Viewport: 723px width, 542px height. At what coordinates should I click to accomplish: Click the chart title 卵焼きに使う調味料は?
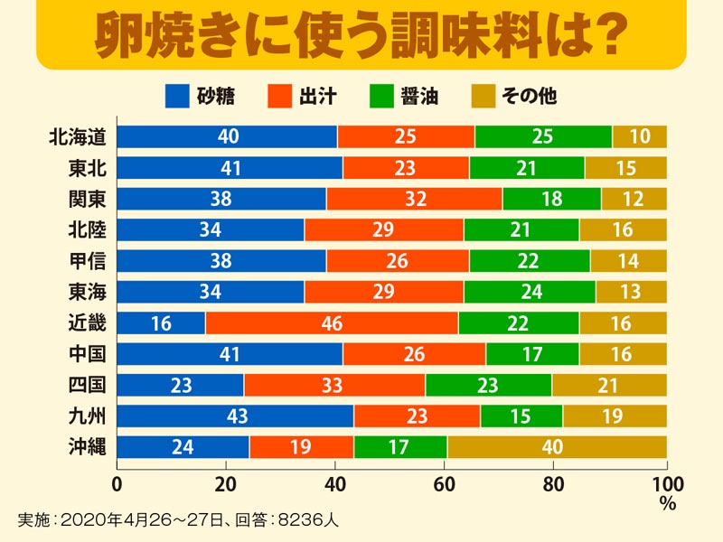[361, 34]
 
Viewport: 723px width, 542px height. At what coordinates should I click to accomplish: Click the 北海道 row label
[79, 136]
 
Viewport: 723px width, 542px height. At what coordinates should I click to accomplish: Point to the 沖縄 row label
[87, 446]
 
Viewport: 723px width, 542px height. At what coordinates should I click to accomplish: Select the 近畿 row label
[87, 322]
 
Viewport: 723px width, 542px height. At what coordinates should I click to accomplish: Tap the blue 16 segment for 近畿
[161, 322]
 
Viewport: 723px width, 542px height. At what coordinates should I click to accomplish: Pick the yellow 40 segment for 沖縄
[557, 446]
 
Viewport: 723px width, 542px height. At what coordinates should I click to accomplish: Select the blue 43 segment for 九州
[235, 416]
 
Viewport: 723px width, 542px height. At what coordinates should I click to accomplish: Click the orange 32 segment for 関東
[414, 199]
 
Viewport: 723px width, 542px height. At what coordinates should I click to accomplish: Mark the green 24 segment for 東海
[530, 292]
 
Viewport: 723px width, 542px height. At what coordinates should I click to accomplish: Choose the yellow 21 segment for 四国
[608, 385]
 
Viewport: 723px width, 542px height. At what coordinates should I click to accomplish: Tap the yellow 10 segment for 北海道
[639, 136]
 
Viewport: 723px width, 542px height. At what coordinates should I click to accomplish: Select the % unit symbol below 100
[667, 504]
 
